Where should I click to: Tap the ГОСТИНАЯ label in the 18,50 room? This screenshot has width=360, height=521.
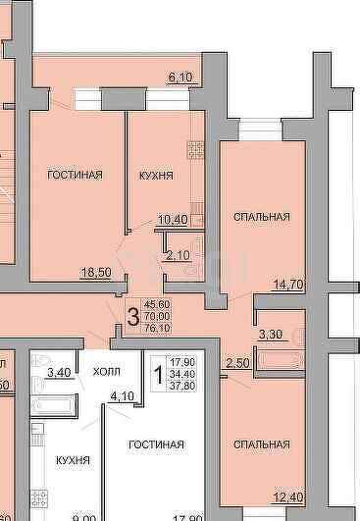(x=76, y=175)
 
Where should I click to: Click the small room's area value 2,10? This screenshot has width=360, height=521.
(x=177, y=255)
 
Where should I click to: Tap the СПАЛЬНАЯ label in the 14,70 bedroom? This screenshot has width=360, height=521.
(x=261, y=216)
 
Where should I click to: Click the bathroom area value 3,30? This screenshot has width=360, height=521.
(x=269, y=335)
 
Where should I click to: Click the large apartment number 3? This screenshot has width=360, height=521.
(x=131, y=316)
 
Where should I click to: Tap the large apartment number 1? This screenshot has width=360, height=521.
(x=157, y=373)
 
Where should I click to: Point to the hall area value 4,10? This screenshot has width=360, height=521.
(x=123, y=396)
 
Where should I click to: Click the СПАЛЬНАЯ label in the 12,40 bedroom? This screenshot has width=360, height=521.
(x=261, y=444)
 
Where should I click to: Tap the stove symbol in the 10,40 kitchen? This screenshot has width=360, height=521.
(x=194, y=150)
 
